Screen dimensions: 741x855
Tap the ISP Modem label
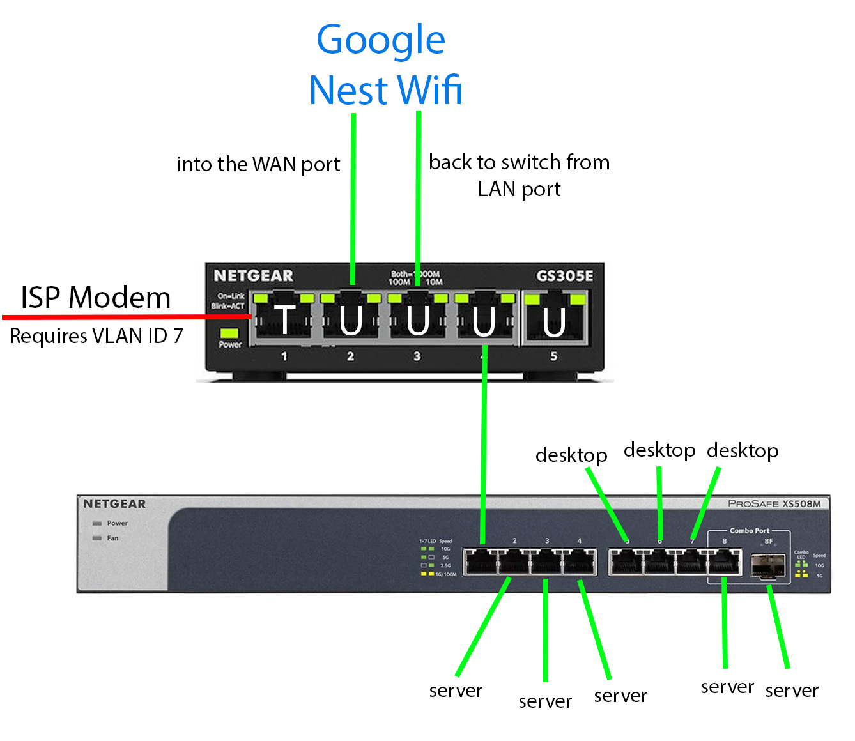coord(96,298)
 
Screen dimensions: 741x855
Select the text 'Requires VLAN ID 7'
coord(96,336)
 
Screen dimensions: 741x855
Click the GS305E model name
coord(564,276)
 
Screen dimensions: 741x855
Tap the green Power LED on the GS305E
coord(229,333)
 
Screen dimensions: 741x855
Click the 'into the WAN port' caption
coord(258,164)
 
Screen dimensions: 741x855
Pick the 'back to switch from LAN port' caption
coord(519,175)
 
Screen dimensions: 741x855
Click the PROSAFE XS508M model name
coord(774,503)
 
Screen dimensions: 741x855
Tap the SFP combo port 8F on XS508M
coord(767,566)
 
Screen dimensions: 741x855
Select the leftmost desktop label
coord(571,455)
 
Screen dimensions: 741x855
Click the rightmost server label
coord(792,691)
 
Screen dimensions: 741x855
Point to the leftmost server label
coord(456,691)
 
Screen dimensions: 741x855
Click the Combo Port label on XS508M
coord(750,531)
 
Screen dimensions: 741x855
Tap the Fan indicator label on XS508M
coord(112,538)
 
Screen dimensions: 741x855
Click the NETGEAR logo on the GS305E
coord(254,276)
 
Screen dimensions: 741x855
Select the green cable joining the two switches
coord(484,447)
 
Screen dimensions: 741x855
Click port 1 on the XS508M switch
coord(481,563)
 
